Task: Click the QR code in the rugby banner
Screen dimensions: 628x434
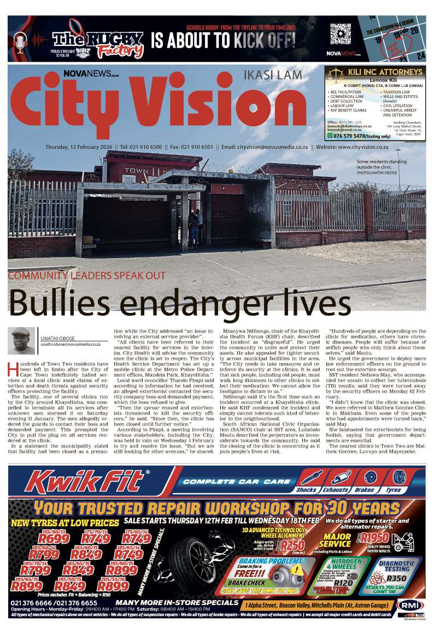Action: tap(339, 33)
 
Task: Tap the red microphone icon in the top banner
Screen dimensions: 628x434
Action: tap(20, 41)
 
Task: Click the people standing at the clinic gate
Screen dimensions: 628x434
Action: tap(195, 227)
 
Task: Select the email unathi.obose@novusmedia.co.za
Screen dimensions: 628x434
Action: tap(71, 344)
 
